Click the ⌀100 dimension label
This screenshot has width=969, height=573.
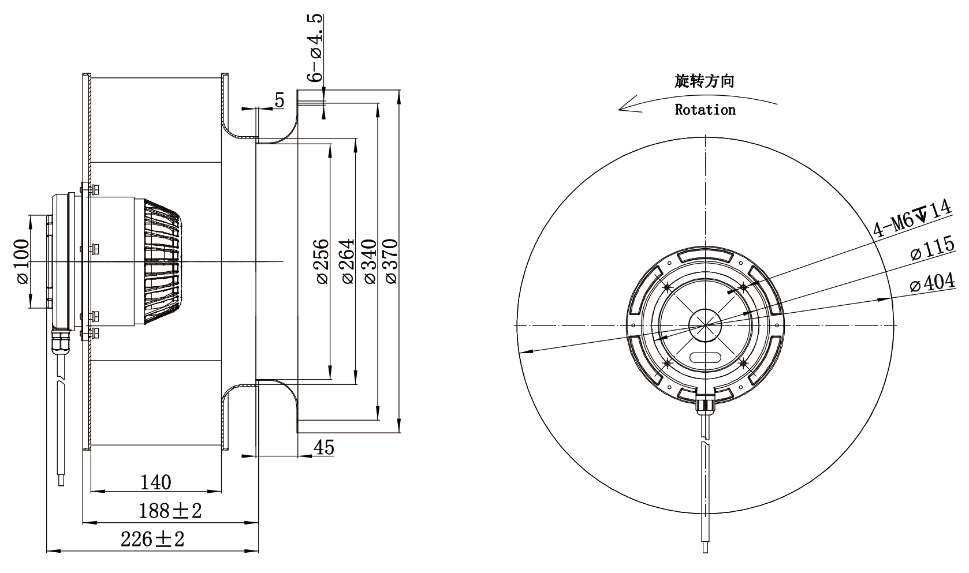pos(23,261)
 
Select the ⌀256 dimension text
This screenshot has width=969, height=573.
pos(323,261)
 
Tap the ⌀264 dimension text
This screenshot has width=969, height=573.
pos(348,261)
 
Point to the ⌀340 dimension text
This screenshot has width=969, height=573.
pos(371,261)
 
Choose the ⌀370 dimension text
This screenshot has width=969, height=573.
pos(391,261)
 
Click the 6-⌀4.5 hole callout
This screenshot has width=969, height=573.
pos(315,48)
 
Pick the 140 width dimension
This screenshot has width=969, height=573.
pos(156,482)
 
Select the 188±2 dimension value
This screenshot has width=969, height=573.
pos(170,511)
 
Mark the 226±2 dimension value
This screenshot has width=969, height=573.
pos(152,540)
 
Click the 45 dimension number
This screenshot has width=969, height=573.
pos(324,448)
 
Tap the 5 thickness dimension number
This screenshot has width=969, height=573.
pos(279,100)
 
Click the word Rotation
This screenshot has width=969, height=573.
pos(705,110)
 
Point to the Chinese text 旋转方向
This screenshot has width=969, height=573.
pos(705,81)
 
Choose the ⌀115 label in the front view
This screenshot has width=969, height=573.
pos(932,248)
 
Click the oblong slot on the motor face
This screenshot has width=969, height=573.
pos(705,357)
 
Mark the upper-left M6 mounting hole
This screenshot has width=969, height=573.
pos(668,287)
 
